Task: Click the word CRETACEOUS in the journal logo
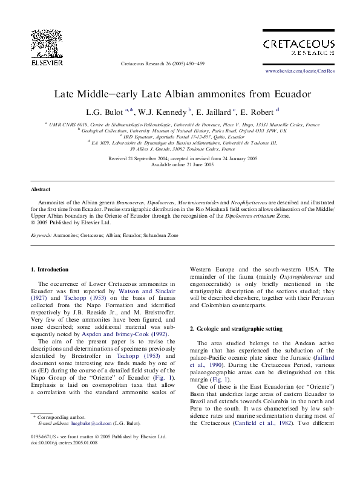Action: pos(298,44)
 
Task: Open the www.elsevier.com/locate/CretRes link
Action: pos(300,71)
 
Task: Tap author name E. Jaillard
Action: pos(214,112)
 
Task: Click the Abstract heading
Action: pos(40,189)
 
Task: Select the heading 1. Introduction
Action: pos(50,269)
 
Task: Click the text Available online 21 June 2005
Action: pos(182,164)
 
